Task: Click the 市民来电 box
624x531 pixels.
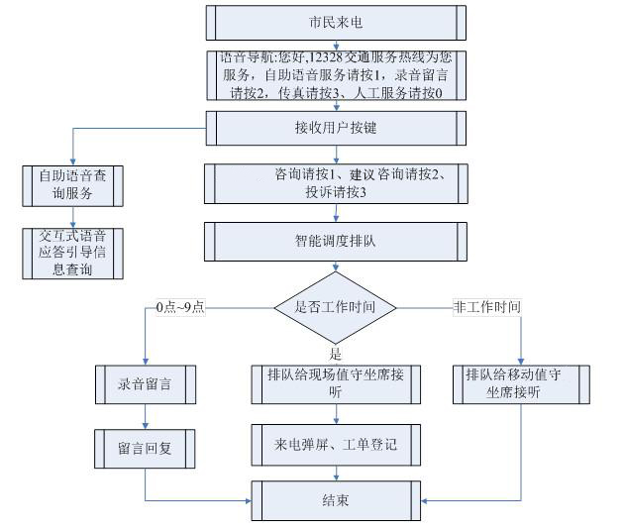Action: tap(335, 22)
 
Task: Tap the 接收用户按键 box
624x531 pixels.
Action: tap(335, 128)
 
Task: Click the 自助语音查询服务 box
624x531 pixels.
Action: tap(72, 184)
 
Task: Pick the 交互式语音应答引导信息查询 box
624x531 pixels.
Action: tap(72, 253)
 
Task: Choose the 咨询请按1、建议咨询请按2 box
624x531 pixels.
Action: tap(335, 183)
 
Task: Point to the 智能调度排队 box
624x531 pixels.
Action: tap(335, 240)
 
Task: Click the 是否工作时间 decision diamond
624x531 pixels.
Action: tap(335, 306)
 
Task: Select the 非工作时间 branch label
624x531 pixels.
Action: tap(486, 306)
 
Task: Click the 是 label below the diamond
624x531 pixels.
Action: tap(335, 354)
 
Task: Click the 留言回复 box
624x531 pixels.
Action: tap(145, 448)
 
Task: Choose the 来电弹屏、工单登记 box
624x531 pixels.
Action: tap(335, 445)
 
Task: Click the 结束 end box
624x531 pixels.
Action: tap(335, 501)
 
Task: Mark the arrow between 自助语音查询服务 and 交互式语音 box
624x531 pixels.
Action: tap(72, 215)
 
